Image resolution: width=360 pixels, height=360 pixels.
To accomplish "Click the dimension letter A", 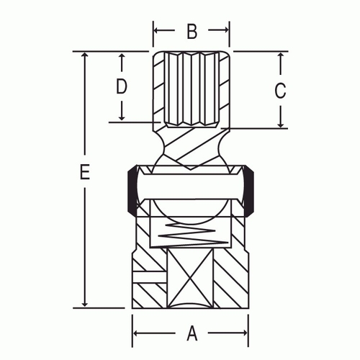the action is (192, 333).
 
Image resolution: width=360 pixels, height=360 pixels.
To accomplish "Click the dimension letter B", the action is (192, 31).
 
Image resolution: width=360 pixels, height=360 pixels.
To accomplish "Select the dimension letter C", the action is (280, 91).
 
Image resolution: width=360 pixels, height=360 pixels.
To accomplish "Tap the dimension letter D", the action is (122, 86).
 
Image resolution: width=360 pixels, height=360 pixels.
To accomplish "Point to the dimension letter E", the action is (85, 172).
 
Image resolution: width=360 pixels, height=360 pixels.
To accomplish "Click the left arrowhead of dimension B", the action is (156, 30).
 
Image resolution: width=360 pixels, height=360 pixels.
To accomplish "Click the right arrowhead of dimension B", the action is (226, 30).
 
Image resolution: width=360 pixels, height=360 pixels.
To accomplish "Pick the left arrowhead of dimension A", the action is (135, 333).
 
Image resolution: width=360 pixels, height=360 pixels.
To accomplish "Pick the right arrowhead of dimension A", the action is (245, 333).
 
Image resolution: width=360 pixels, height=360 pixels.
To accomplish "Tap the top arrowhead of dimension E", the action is (84, 55).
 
